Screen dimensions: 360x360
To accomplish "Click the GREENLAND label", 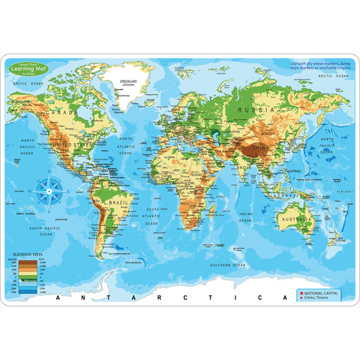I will pos(128,80).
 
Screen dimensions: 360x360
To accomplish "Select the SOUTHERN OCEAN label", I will pos(227,265).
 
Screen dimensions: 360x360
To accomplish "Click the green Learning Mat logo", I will pos(27,67).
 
